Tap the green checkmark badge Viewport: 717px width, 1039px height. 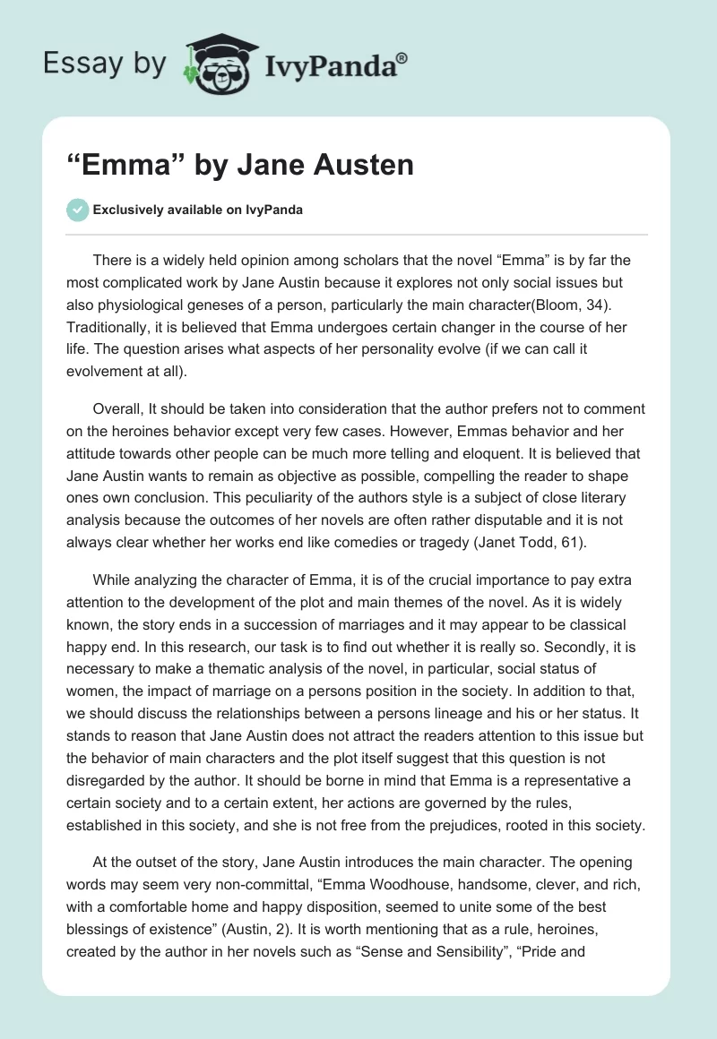point(78,210)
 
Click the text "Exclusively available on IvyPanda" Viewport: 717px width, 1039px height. point(197,210)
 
